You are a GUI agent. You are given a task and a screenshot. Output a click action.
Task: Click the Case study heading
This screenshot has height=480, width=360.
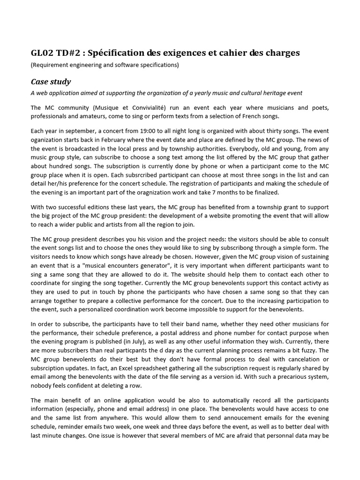point(51,82)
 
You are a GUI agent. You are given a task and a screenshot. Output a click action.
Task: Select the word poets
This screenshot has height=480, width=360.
point(319,107)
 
